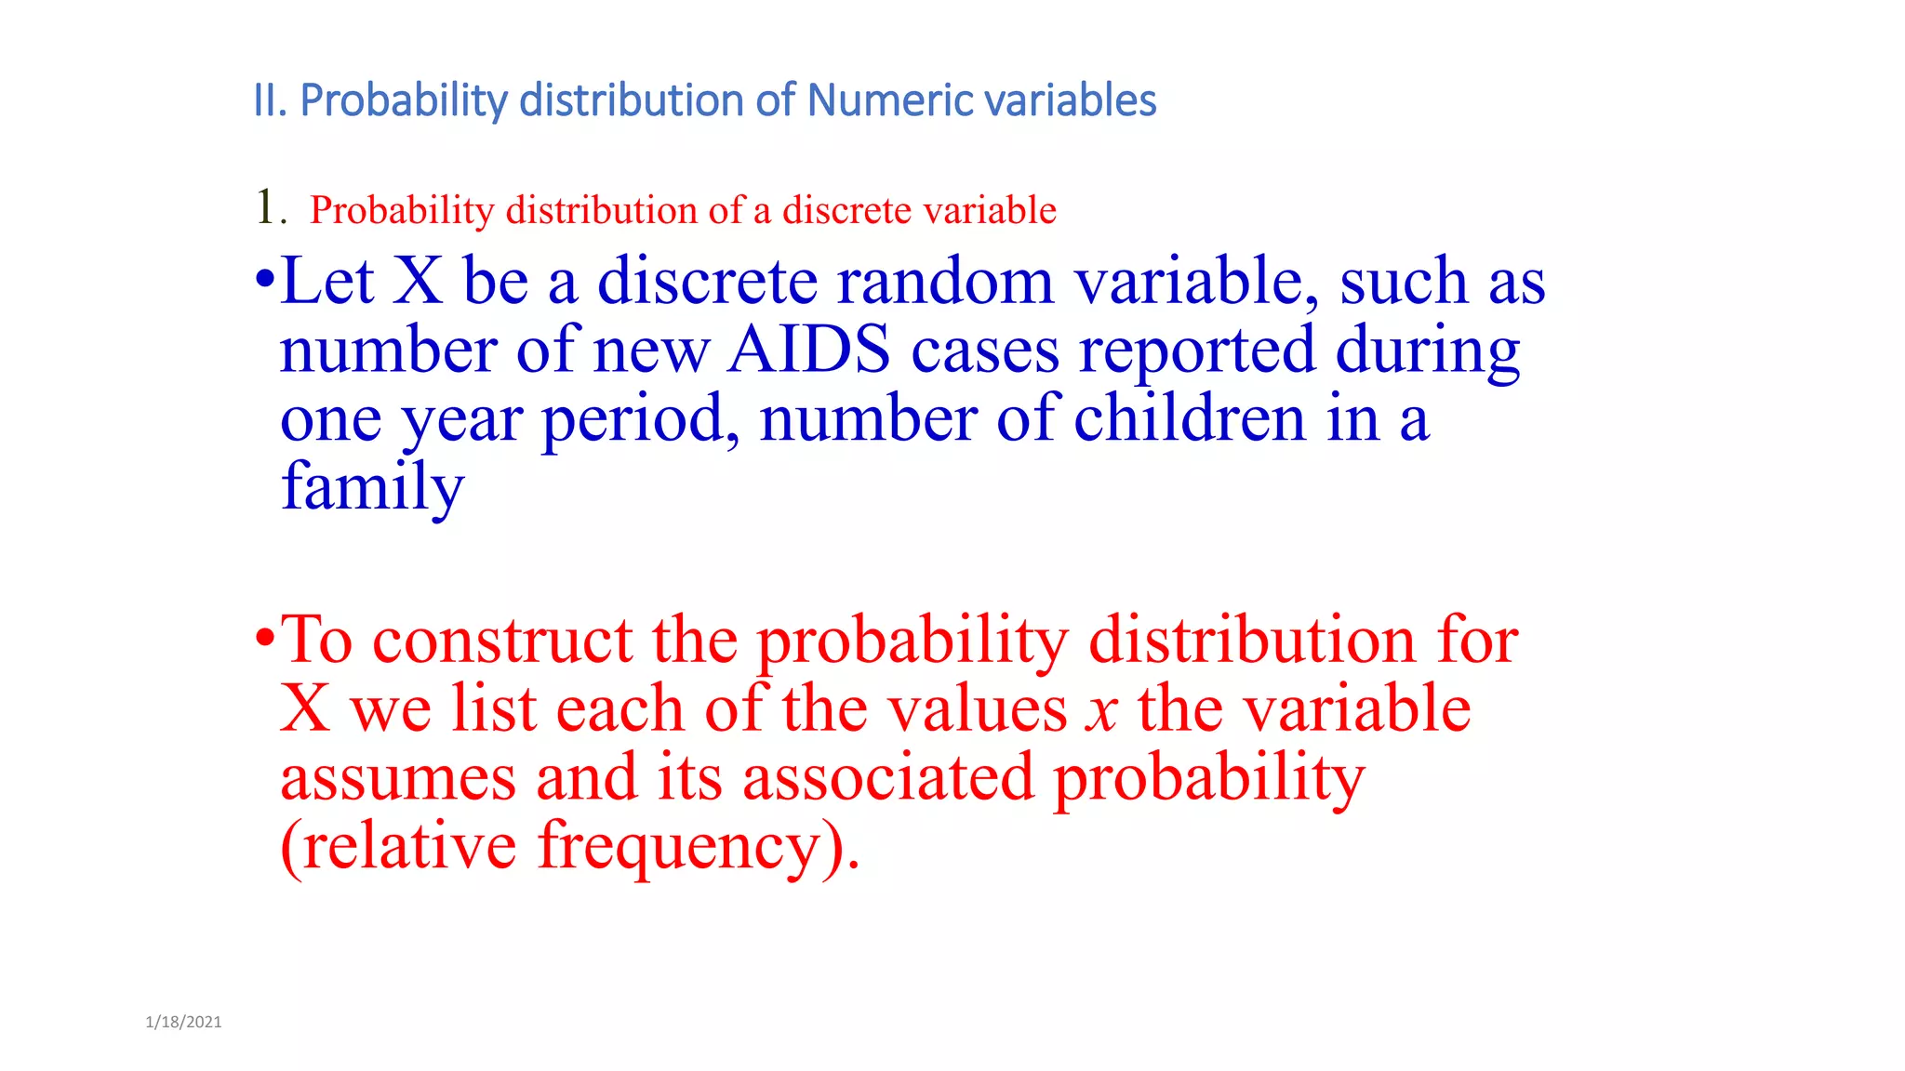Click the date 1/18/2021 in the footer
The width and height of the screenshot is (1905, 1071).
183,1022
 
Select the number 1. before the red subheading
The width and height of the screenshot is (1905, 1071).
270,207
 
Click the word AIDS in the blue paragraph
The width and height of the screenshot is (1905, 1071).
808,350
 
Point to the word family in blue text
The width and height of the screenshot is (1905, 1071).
372,487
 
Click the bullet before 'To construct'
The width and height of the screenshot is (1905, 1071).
265,639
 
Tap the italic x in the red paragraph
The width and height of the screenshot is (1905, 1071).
1102,711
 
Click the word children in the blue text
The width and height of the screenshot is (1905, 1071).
1190,419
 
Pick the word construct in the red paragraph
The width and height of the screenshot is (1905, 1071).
502,641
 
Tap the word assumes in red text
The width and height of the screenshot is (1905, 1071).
398,778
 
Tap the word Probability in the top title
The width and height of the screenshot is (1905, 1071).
404,100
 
